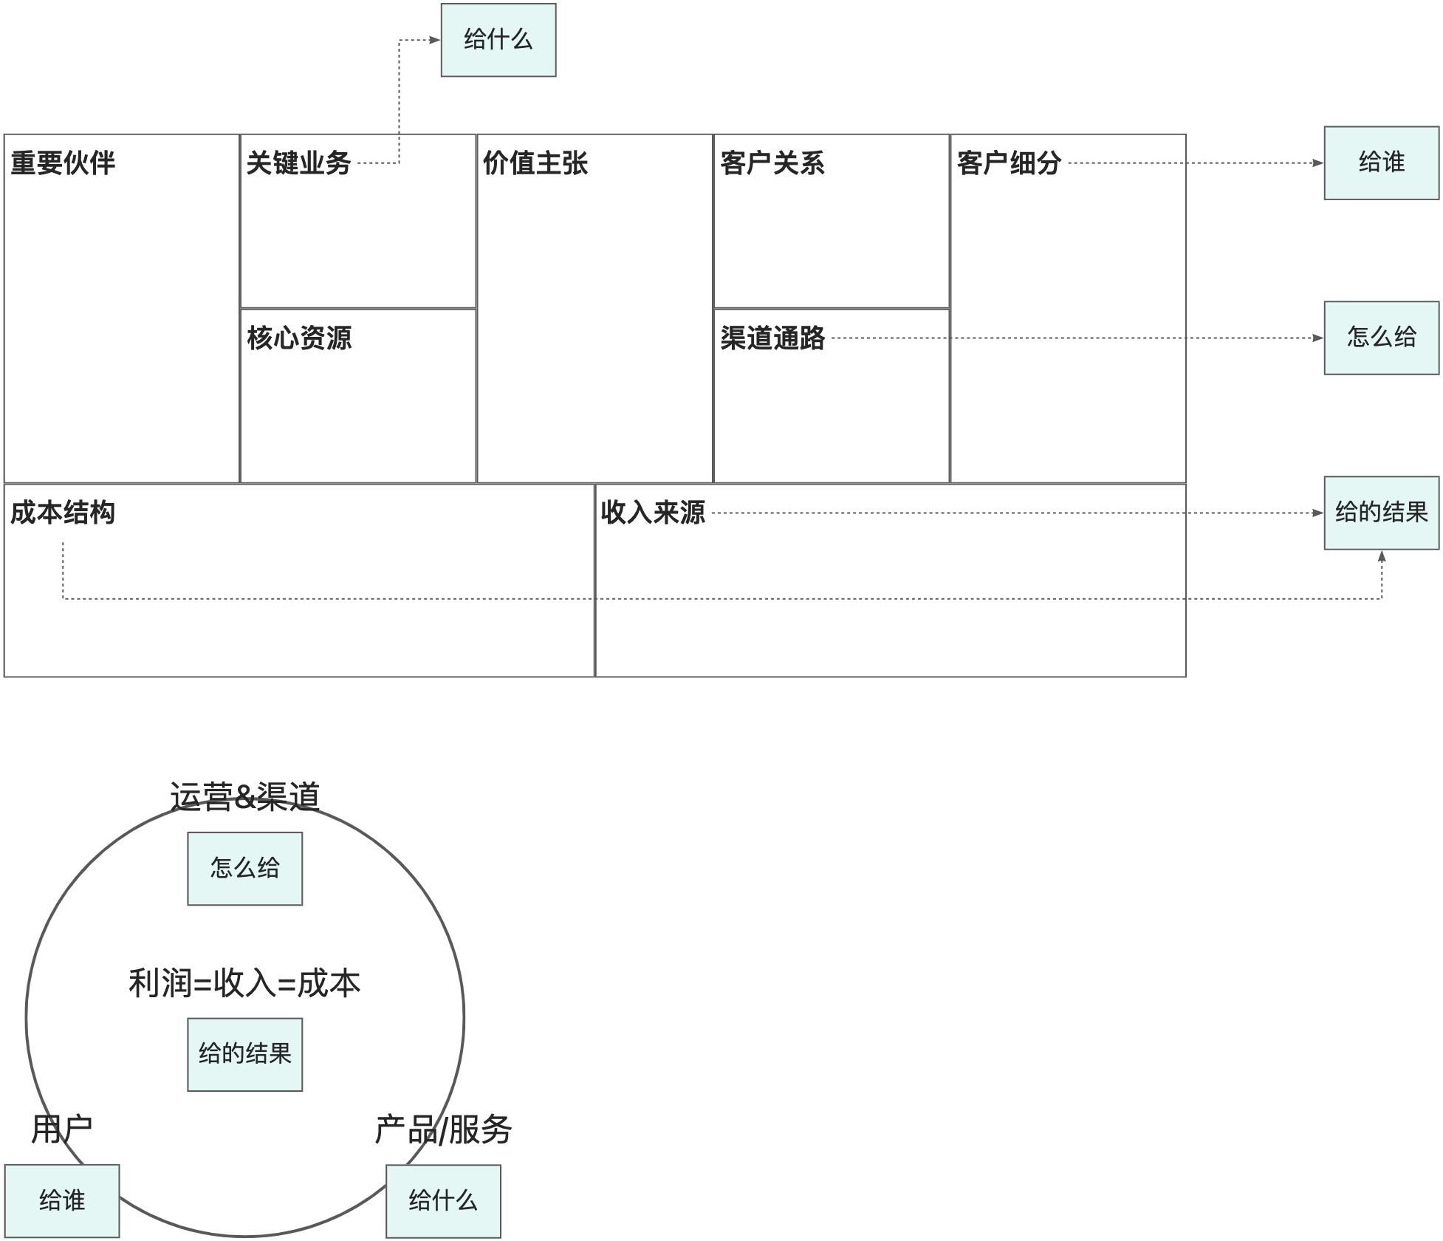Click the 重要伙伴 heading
coord(63,163)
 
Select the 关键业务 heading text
coord(298,163)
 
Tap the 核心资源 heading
coord(299,338)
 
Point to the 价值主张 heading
coord(535,163)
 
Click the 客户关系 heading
coord(772,163)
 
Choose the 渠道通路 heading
coord(772,338)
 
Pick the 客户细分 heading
coord(1009,163)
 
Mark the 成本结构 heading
coord(63,513)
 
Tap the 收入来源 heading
coord(653,513)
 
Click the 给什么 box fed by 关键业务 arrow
coord(498,40)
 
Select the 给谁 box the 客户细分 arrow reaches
coord(1381,163)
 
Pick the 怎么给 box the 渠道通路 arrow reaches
coord(1381,338)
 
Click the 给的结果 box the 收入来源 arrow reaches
coord(1381,513)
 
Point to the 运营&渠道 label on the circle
coord(244,797)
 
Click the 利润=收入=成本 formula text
coord(244,983)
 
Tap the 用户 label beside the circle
coord(62,1129)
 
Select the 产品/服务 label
coord(443,1129)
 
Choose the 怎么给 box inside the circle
coord(244,868)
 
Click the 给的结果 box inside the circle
coord(244,1054)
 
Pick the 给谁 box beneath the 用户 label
coord(62,1200)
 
